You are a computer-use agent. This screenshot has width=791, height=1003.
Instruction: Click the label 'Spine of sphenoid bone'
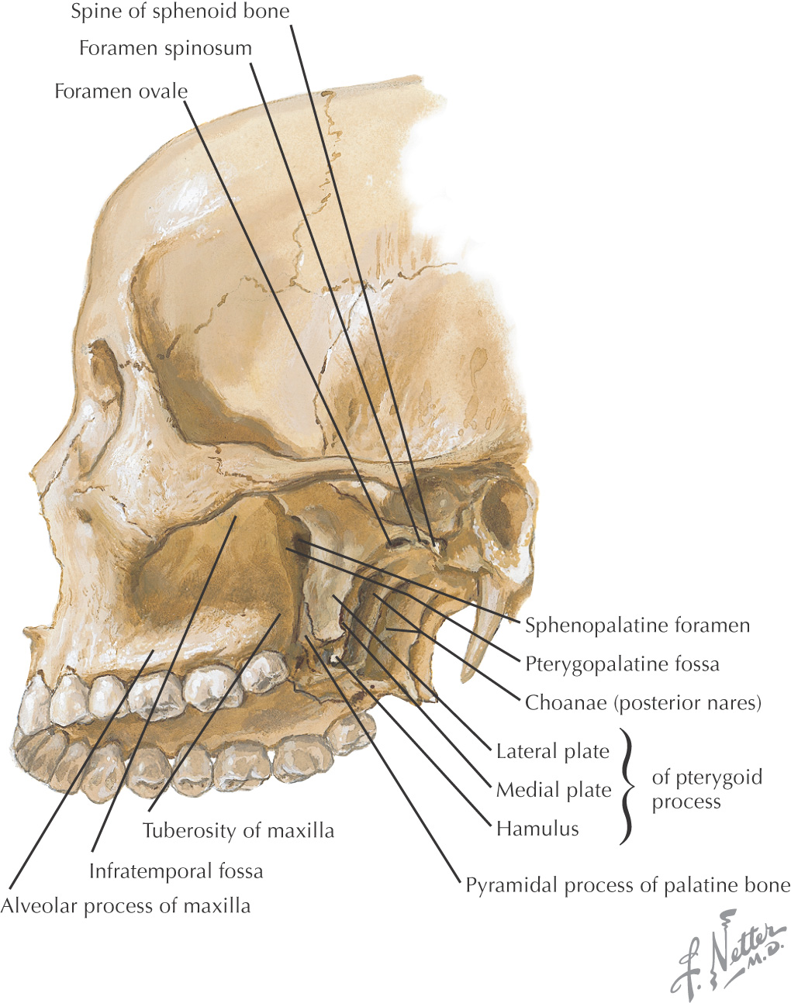180,12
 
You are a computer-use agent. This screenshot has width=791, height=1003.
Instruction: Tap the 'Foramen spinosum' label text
165,48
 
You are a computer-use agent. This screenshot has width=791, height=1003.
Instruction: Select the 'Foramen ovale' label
121,91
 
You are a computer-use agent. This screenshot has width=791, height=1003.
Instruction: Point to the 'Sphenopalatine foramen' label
637,626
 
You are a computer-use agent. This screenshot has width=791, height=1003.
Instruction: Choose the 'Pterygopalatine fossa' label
622,664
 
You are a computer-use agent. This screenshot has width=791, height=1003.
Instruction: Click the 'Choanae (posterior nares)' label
643,703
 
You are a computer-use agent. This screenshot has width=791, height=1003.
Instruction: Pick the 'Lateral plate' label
553,751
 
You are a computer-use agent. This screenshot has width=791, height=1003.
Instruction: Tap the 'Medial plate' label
554,790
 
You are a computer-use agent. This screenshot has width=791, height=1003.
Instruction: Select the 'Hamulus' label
537,829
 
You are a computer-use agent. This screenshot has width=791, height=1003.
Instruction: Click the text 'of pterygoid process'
706,789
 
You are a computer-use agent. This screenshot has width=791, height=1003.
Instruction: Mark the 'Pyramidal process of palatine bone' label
627,885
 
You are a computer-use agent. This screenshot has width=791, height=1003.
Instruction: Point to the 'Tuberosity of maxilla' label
239,831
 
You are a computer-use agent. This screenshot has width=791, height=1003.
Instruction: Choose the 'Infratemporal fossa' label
176,871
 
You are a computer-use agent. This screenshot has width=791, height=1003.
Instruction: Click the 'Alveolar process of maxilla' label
126,905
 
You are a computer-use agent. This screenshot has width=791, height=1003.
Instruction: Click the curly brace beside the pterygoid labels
628,786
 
